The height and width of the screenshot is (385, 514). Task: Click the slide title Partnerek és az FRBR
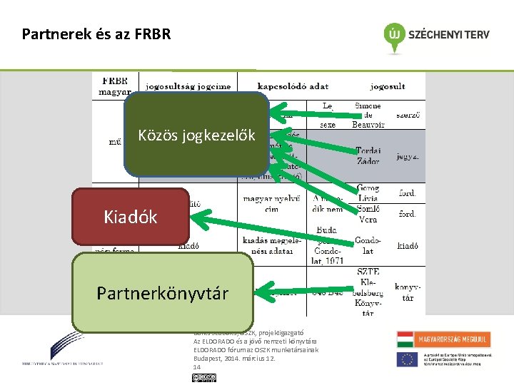(x=96, y=34)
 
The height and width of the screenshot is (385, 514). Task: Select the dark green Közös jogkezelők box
(x=196, y=135)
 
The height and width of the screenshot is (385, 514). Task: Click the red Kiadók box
(x=130, y=216)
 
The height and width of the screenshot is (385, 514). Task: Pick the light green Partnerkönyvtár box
(x=163, y=292)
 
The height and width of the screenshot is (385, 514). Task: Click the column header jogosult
(x=387, y=86)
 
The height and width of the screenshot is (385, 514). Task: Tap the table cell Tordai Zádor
(x=368, y=155)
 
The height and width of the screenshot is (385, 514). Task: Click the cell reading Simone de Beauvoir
(x=368, y=115)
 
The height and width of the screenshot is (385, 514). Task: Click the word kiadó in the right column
(x=407, y=246)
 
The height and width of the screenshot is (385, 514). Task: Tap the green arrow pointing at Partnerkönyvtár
(x=303, y=290)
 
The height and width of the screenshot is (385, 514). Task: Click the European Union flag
(x=408, y=359)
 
